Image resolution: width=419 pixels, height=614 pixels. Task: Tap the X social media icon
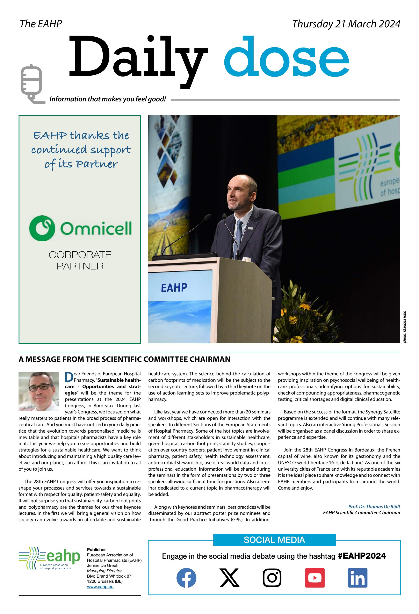[x=229, y=578]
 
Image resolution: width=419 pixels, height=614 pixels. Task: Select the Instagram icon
[x=272, y=578]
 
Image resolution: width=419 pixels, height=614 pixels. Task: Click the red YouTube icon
[x=315, y=578]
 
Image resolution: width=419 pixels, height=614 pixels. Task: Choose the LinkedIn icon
[x=357, y=578]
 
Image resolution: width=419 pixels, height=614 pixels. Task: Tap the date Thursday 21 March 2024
[x=346, y=24]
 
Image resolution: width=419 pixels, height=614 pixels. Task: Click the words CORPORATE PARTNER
[x=80, y=260]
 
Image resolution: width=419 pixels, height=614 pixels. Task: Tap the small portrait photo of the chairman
[x=39, y=392]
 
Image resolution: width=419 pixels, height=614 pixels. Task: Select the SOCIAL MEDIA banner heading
[x=274, y=540]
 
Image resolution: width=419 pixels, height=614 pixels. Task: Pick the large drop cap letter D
[x=69, y=377]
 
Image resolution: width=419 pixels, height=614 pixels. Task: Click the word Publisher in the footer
[x=96, y=550]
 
